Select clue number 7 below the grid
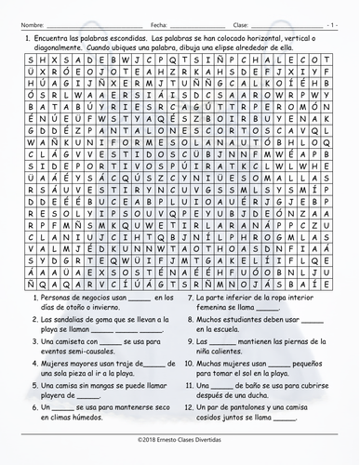pyautogui.click(x=192, y=297)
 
